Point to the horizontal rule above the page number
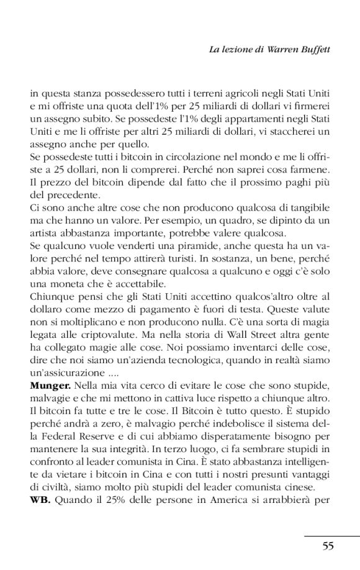331,536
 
